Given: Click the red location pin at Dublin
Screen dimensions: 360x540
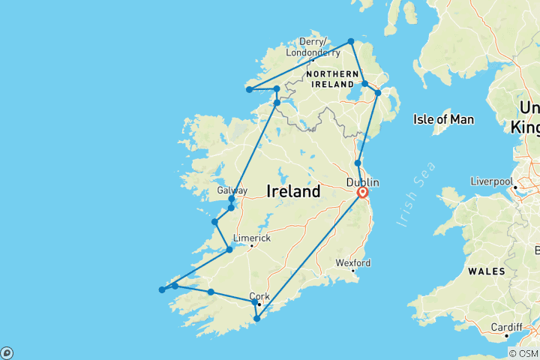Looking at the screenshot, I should click(x=362, y=193).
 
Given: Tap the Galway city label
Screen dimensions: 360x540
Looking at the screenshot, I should click(x=232, y=190).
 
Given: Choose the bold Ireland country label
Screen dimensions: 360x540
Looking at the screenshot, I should click(x=293, y=192).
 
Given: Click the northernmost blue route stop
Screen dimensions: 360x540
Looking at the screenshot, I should click(x=351, y=41).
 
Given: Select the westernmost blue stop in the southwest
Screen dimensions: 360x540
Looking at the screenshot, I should click(x=162, y=290).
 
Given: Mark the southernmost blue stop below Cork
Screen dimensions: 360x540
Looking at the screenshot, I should click(x=256, y=319).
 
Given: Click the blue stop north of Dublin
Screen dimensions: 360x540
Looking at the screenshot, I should click(x=358, y=163).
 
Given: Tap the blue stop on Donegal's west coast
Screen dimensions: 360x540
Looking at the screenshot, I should click(x=249, y=90).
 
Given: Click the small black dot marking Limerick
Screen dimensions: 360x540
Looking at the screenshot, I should click(x=252, y=246).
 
